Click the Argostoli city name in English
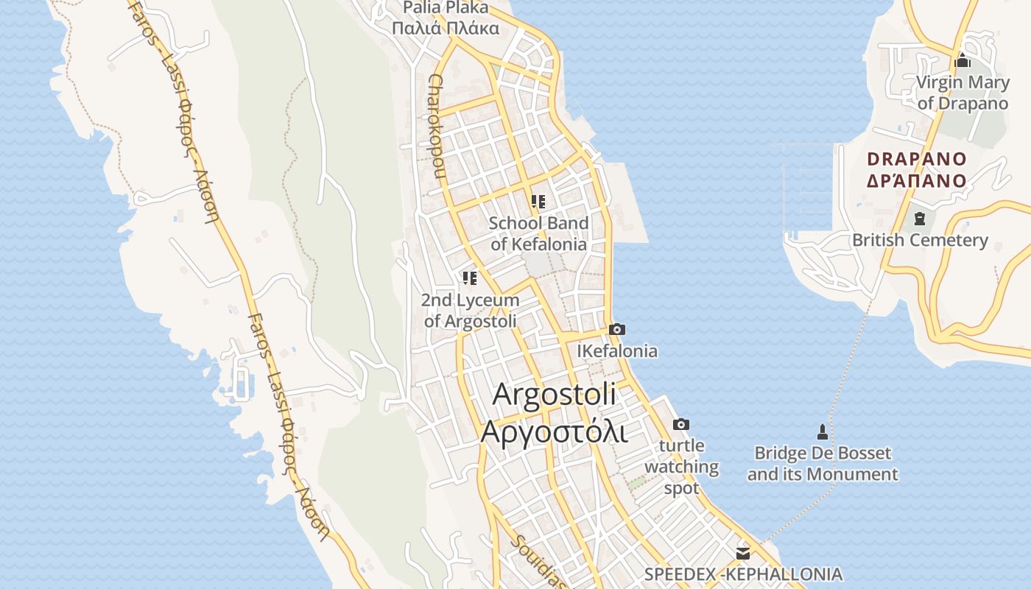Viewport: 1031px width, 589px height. click(554, 394)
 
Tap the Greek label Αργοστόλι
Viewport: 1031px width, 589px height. click(554, 431)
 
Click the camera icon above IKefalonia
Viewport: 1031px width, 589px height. click(617, 329)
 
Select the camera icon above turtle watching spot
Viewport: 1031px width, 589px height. click(681, 424)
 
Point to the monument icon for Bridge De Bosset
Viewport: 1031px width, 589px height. click(823, 431)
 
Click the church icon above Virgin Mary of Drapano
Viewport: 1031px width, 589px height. click(961, 61)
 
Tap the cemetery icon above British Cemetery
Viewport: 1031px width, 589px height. click(919, 218)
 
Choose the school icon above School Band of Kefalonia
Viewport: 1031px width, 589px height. click(538, 201)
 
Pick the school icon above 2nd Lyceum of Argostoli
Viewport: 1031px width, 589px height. click(469, 278)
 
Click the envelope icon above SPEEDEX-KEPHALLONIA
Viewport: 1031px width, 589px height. click(742, 552)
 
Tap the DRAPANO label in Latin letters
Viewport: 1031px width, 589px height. click(916, 159)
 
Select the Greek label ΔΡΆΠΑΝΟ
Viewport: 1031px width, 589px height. click(916, 180)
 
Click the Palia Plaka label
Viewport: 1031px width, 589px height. click(445, 8)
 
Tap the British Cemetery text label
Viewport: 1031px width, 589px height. click(920, 240)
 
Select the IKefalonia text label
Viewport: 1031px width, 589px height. click(617, 351)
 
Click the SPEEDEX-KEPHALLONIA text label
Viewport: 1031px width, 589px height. click(743, 574)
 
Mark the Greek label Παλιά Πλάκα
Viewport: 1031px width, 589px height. click(445, 29)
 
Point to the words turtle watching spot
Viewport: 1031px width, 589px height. click(682, 467)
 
